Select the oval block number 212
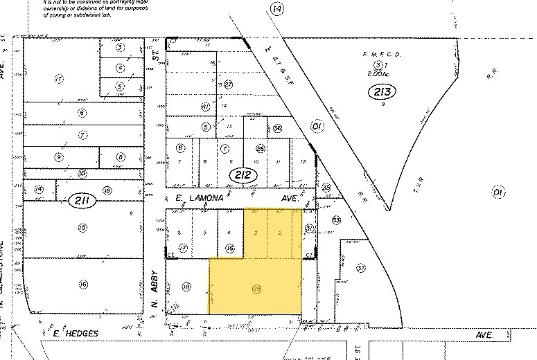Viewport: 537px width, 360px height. coord(243,175)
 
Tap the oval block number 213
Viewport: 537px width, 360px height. coord(380,92)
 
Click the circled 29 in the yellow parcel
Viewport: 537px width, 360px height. coord(257,287)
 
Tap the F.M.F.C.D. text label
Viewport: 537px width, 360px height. coord(382,55)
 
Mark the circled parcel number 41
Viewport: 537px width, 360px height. coord(205,107)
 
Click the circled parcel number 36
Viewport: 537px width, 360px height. coord(278,128)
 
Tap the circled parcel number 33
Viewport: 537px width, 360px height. coord(337,220)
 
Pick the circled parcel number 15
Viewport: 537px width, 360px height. coord(82,227)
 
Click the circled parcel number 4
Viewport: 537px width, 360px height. coord(120,68)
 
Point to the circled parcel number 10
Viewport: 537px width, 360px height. coord(82,174)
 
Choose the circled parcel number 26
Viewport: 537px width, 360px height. coord(261,148)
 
